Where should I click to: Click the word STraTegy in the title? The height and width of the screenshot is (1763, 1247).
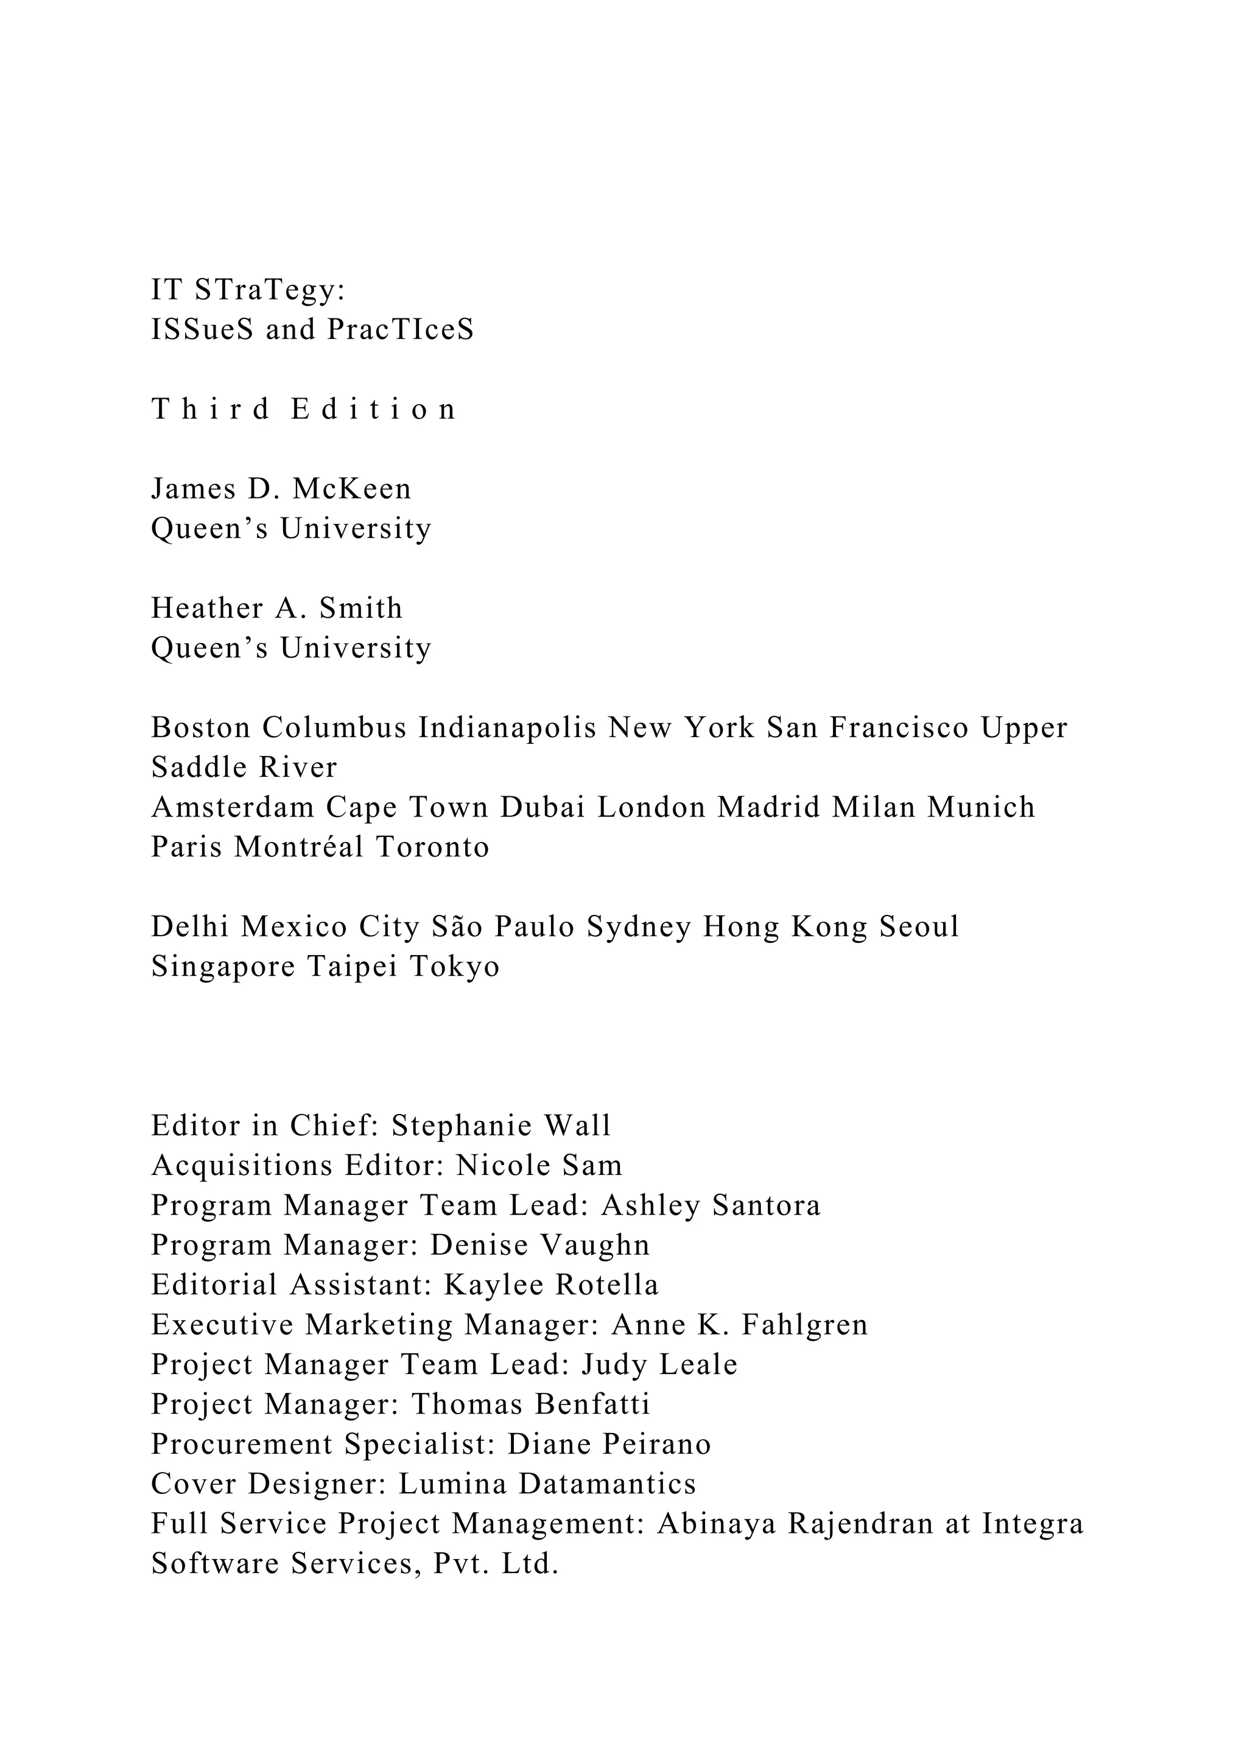(x=270, y=291)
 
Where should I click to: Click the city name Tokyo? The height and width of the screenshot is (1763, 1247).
(x=455, y=967)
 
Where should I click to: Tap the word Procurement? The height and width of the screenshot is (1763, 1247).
(x=241, y=1445)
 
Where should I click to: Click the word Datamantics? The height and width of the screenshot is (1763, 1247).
(x=608, y=1485)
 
